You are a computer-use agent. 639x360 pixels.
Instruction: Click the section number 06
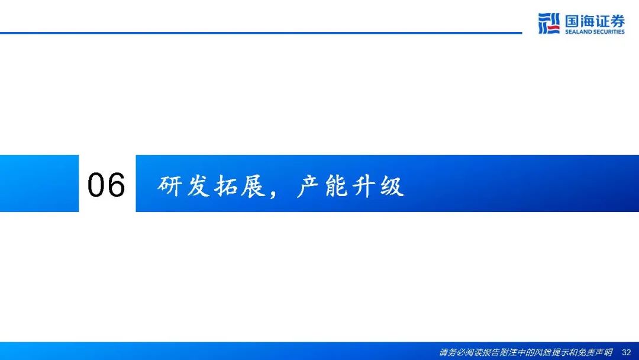tap(106, 185)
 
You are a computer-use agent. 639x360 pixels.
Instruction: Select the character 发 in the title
tap(198, 186)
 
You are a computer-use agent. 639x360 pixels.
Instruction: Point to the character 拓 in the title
tap(226, 186)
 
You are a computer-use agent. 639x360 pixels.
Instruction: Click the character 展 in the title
tap(253, 186)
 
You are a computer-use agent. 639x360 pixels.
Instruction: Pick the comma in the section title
tap(273, 194)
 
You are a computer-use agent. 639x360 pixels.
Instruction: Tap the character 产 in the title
tap(309, 186)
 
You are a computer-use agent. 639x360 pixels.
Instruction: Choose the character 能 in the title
tap(337, 186)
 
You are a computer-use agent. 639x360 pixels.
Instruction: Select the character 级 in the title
tap(392, 186)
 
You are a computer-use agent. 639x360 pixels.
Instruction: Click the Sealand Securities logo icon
tap(548, 23)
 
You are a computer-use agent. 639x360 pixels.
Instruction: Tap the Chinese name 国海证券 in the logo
tap(595, 21)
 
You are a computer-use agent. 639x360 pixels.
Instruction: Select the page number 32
tap(627, 352)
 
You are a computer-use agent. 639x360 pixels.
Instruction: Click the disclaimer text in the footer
tap(526, 352)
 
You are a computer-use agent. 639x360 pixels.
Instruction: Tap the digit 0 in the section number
tap(96, 185)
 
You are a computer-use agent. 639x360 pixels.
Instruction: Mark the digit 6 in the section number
tap(116, 185)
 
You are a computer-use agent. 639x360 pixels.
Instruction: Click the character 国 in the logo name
tap(572, 21)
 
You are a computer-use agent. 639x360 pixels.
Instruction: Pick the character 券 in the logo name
tap(617, 21)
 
